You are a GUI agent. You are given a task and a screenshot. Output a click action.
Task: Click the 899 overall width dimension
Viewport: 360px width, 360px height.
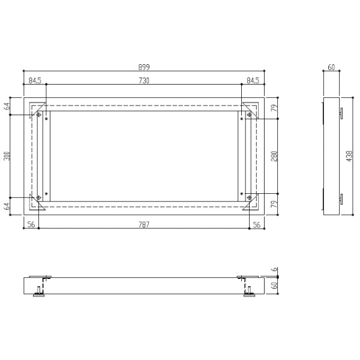pos(144,67)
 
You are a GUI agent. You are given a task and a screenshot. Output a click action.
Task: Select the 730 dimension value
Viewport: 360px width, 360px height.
pos(144,80)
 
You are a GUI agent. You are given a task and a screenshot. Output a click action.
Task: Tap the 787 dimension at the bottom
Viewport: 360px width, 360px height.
pos(144,224)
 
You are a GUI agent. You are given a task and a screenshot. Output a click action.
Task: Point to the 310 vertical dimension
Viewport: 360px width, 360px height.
pos(7,156)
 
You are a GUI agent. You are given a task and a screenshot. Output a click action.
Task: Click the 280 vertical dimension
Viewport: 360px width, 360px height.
pos(274,156)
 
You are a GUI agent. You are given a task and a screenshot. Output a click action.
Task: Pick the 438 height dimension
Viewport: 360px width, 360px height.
pos(349,156)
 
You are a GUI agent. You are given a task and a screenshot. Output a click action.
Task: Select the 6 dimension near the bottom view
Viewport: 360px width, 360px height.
pos(275,269)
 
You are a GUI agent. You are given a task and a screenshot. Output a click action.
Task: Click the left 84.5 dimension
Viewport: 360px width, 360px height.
pos(35,80)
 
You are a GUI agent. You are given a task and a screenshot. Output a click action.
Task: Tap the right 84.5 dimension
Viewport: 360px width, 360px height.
pos(253,80)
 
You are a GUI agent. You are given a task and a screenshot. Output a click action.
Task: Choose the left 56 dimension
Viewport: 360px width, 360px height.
pos(31,224)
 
